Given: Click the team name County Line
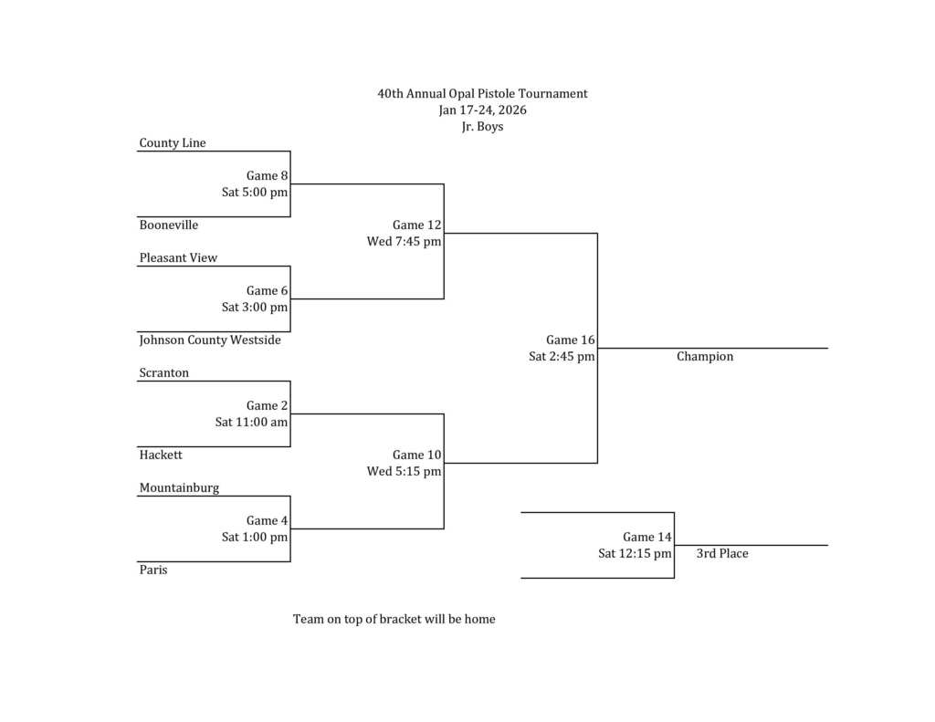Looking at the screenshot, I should pyautogui.click(x=173, y=143).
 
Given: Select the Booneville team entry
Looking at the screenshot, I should pyautogui.click(x=169, y=225).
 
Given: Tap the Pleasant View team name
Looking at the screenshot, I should pyautogui.click(x=179, y=258).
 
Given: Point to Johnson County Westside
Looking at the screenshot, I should pyautogui.click(x=210, y=340).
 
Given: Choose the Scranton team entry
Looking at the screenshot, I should pyautogui.click(x=164, y=373).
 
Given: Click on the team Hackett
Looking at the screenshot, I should pyautogui.click(x=161, y=455).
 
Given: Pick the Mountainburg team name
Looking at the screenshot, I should pyautogui.click(x=180, y=488).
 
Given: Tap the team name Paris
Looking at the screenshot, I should pyautogui.click(x=153, y=570).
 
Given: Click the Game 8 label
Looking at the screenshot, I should pyautogui.click(x=267, y=176).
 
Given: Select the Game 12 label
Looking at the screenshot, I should pyautogui.click(x=417, y=225).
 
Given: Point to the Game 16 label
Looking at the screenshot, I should pyautogui.click(x=571, y=340).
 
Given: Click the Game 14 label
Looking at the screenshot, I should pyautogui.click(x=647, y=538).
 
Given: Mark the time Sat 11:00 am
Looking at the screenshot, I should pyautogui.click(x=251, y=423).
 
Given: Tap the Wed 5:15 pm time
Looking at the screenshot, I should pyautogui.click(x=404, y=472).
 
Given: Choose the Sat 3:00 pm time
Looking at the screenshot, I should pyautogui.click(x=255, y=308).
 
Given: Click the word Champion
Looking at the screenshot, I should pyautogui.click(x=705, y=357).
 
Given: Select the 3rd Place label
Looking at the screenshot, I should pyautogui.click(x=722, y=554).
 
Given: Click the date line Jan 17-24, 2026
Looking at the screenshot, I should pyautogui.click(x=482, y=110).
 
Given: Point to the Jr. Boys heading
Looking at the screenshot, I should pyautogui.click(x=482, y=127).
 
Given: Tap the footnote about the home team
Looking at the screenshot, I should pyautogui.click(x=394, y=620).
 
